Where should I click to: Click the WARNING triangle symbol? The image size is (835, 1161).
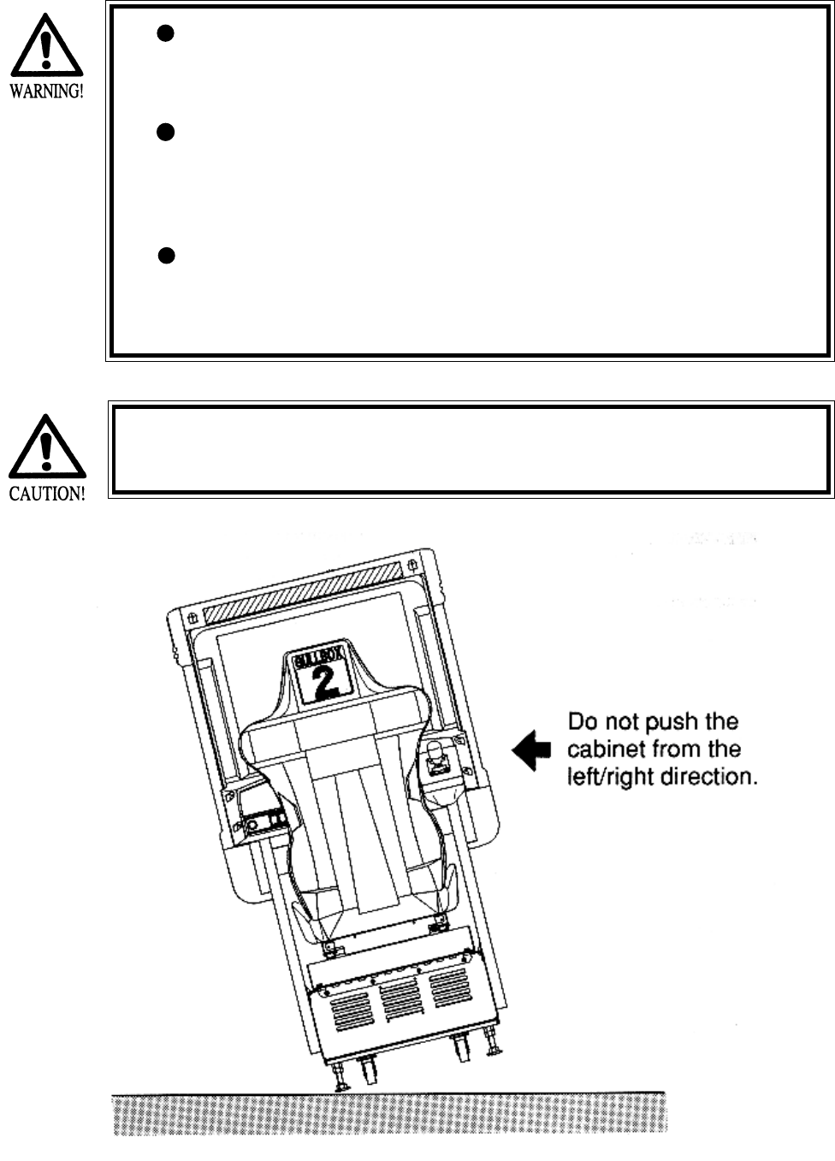[x=47, y=48]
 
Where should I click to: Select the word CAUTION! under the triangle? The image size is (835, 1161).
[x=47, y=494]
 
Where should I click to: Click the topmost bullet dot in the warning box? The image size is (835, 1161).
[x=167, y=33]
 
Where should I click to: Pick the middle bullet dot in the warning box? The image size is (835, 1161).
[x=167, y=132]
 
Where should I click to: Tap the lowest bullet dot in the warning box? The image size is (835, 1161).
[x=168, y=256]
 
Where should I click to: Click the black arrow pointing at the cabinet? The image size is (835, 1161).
[x=531, y=750]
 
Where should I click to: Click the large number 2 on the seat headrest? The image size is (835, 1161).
[x=324, y=682]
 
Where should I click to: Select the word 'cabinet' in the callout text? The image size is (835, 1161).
[x=602, y=749]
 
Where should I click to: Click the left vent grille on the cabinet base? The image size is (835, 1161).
[x=346, y=1006]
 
